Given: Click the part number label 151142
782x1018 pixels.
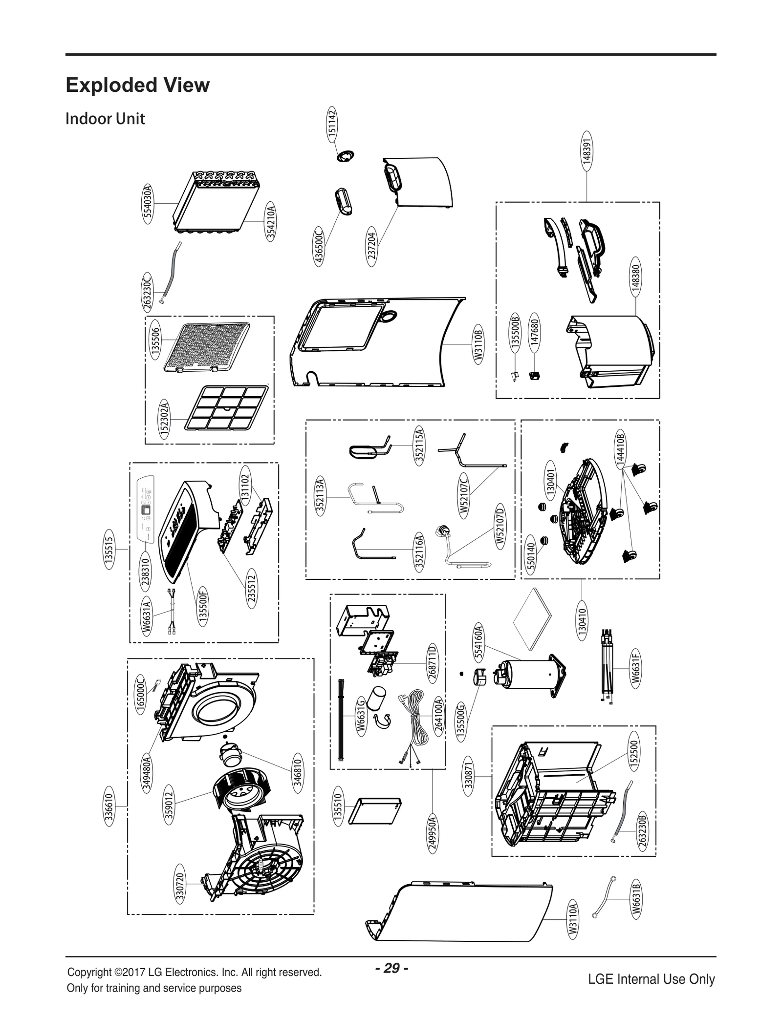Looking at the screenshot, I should [x=332, y=123].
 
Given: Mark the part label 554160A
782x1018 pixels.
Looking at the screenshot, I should [x=478, y=641].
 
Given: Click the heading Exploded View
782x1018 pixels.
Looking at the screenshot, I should [x=137, y=85].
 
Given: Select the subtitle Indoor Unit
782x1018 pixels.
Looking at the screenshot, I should [x=105, y=119].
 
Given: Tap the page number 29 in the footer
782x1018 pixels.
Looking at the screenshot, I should [x=391, y=968].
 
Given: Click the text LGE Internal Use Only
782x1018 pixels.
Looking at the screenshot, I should [x=651, y=979].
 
